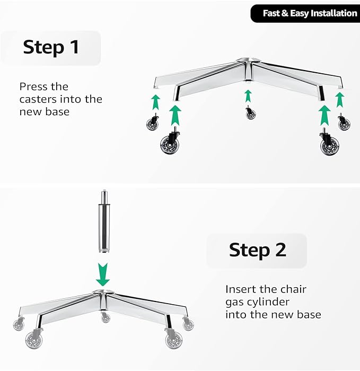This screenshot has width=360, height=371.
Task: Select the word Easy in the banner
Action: (x=299, y=14)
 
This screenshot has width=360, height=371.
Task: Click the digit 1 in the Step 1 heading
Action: (x=75, y=47)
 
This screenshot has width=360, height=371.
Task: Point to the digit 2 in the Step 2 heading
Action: (x=281, y=250)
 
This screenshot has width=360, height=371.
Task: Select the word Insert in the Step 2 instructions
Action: (x=240, y=289)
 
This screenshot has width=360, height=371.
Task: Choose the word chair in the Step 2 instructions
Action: (x=293, y=289)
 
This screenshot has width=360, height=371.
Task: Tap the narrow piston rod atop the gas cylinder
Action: (x=104, y=197)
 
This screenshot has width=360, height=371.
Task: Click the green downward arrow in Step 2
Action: (x=103, y=274)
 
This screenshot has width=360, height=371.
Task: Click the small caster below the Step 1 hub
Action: (x=250, y=114)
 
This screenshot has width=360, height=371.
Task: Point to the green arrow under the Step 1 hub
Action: (x=248, y=96)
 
